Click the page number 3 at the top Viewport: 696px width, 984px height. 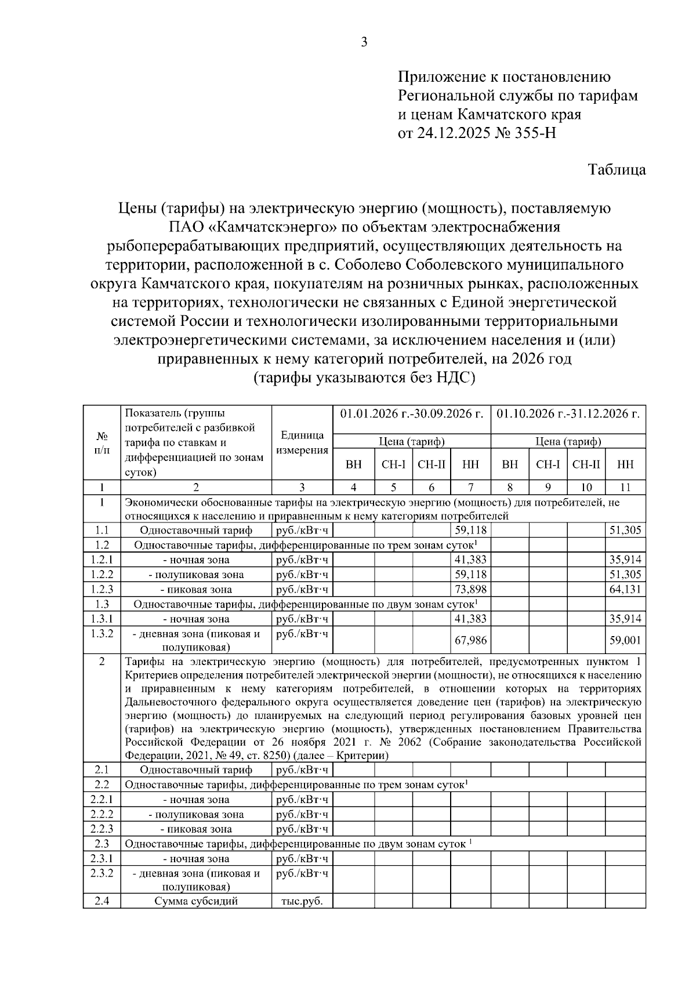coord(364,42)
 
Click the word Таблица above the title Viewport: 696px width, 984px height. coord(617,170)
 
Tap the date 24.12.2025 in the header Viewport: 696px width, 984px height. coord(452,133)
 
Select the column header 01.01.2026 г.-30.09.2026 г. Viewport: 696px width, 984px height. coord(412,414)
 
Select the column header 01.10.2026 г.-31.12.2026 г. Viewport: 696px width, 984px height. coord(568,414)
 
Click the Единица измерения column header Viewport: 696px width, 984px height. coord(302,442)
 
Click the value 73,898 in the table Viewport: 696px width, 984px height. coord(470,590)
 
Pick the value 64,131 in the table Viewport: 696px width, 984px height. coord(625,590)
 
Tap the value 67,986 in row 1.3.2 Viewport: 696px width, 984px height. coord(470,640)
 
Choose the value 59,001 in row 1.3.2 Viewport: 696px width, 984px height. coord(625,640)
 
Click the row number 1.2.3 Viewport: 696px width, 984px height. coord(101,590)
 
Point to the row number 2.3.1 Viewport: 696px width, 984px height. coord(101,859)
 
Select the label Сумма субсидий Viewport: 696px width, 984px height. coord(196,901)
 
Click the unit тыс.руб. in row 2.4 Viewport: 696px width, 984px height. coord(302,901)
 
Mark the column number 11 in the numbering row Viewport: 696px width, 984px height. coord(625,488)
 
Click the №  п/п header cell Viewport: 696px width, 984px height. coord(101,442)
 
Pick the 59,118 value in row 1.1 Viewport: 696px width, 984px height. coord(470,530)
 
